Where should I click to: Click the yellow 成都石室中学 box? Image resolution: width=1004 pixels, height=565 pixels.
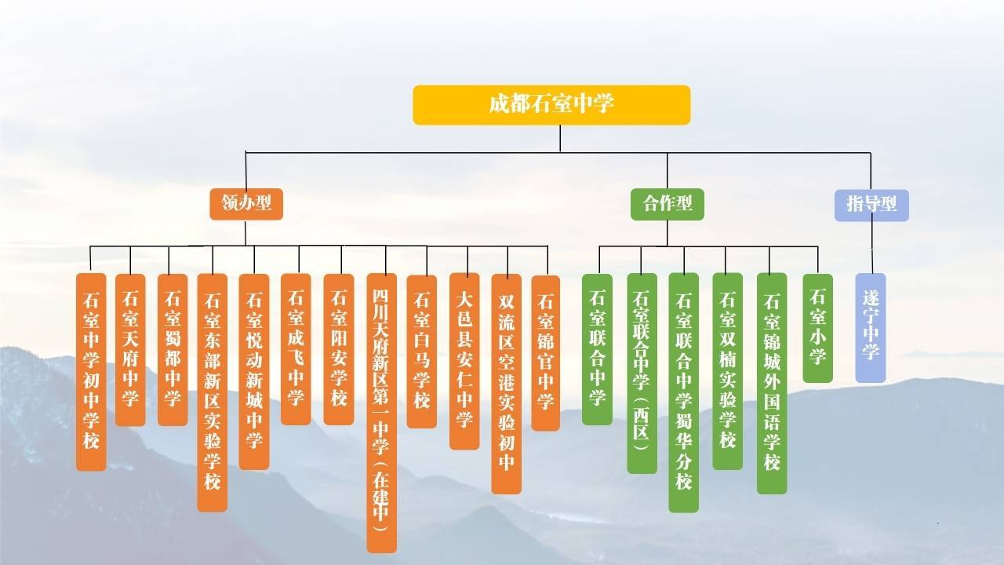[x=551, y=105]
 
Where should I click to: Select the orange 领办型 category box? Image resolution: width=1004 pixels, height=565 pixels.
[x=246, y=204]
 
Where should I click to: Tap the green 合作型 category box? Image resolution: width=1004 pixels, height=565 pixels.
[x=667, y=205]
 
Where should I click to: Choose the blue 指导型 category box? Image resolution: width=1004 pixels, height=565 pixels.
[x=871, y=206]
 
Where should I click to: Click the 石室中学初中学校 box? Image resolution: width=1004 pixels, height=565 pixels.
[x=91, y=372]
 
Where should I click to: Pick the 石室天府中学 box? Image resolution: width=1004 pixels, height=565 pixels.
[x=130, y=350]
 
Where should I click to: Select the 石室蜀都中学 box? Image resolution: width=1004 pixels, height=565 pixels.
[x=173, y=350]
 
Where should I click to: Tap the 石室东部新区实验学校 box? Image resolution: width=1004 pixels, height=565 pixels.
[x=212, y=392]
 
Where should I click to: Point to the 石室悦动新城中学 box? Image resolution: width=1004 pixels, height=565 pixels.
[x=254, y=372]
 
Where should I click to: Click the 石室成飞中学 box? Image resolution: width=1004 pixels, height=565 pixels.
[x=296, y=349]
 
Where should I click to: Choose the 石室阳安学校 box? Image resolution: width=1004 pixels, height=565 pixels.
[x=339, y=349]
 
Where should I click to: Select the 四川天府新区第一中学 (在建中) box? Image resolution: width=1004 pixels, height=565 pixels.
[x=381, y=413]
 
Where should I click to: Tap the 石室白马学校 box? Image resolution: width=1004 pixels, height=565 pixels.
[x=422, y=352]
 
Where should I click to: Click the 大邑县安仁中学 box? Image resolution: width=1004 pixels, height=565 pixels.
[x=464, y=361]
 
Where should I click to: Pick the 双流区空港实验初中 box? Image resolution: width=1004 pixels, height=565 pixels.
[x=507, y=384]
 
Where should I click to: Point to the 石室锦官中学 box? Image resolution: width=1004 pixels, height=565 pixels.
[x=545, y=353]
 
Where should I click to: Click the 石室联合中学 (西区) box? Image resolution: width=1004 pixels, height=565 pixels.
[x=642, y=374]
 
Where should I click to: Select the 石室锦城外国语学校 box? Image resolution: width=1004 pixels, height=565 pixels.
[x=772, y=384]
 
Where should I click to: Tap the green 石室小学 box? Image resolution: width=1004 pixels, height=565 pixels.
[x=817, y=328]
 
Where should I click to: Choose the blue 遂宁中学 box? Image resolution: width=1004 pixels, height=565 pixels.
[x=871, y=328]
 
